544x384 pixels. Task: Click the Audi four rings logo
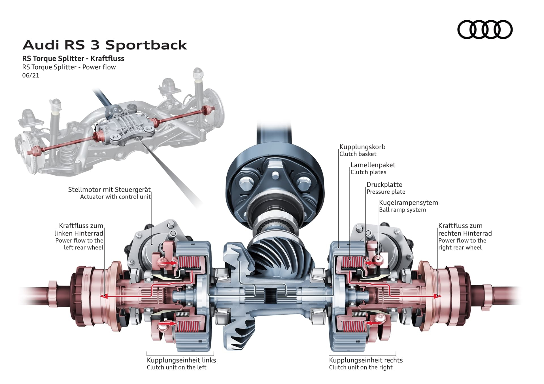coord(485,29)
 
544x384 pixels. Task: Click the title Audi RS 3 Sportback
coord(105,45)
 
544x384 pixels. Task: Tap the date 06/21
coord(31,75)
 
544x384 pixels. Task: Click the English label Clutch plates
coord(368,172)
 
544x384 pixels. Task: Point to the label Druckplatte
coord(384,185)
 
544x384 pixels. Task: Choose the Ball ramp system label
coord(402,210)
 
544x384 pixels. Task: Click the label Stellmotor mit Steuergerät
coord(109,189)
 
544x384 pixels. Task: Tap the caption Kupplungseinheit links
coord(181,360)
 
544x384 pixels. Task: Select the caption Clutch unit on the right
coord(361,367)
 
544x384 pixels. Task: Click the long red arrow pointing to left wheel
coord(127,296)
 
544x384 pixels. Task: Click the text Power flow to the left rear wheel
coord(80,244)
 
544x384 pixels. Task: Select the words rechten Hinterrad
coord(465,234)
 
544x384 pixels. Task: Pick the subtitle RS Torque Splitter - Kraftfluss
coord(73,59)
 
